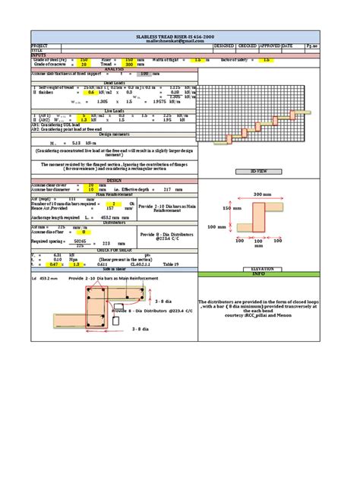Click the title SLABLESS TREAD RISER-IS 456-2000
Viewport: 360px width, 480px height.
click(179, 36)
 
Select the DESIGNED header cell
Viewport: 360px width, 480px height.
click(224, 46)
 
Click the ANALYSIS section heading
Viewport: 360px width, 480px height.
click(114, 69)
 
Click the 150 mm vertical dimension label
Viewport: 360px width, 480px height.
click(232, 207)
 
